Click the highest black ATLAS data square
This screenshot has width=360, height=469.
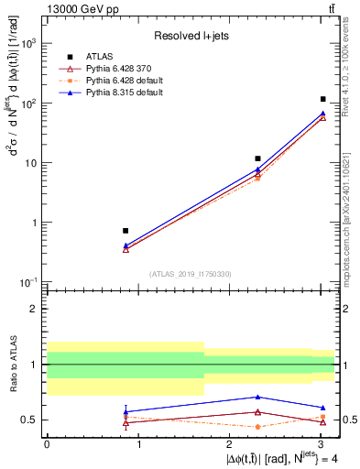[323, 99]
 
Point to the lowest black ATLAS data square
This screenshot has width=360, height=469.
[125, 231]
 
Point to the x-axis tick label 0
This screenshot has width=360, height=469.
[47, 443]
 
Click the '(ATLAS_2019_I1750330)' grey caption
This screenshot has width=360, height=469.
[191, 274]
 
